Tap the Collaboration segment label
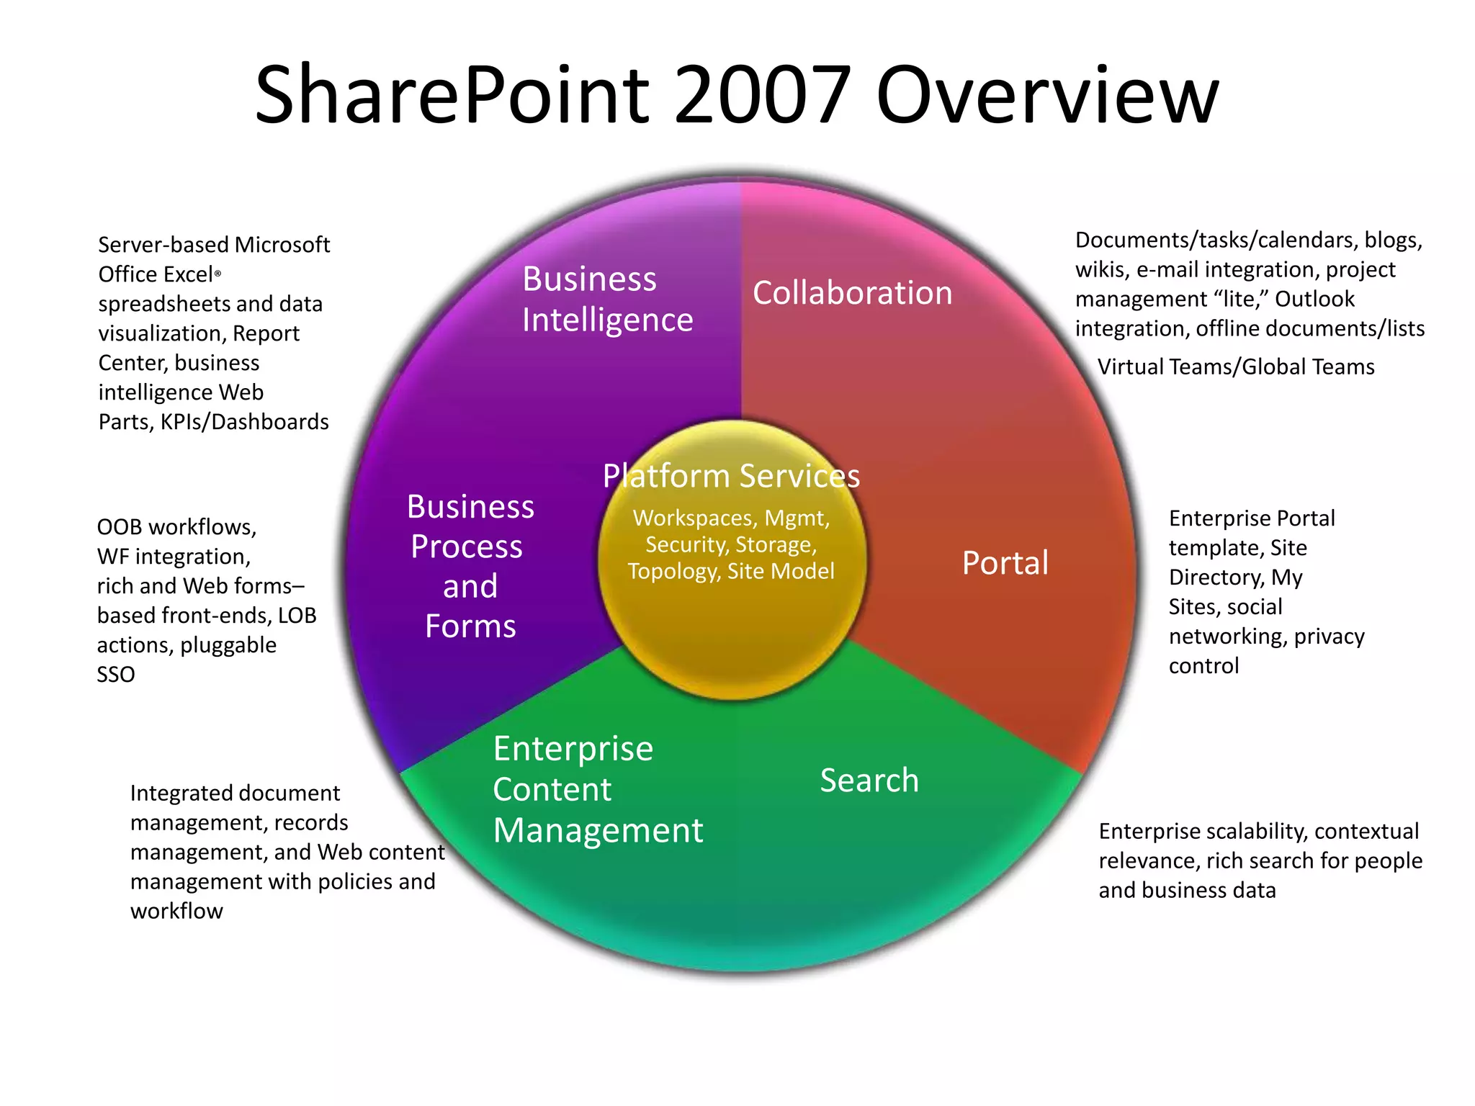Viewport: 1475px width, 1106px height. click(x=852, y=293)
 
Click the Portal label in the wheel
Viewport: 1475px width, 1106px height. click(x=1005, y=563)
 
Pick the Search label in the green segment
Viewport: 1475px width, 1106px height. click(x=869, y=781)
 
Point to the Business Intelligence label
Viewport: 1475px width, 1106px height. click(x=607, y=299)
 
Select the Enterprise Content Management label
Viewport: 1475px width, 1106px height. click(x=598, y=789)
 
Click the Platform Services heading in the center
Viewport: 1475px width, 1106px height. click(x=731, y=476)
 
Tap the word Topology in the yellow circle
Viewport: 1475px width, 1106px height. click(x=674, y=572)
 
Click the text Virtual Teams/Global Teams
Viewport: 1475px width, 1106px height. click(x=1236, y=367)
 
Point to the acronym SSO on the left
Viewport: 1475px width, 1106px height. click(x=116, y=675)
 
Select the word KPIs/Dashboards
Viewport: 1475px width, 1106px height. click(x=244, y=422)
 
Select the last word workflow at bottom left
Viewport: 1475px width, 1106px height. click(x=176, y=912)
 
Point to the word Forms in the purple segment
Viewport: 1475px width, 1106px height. click(x=470, y=626)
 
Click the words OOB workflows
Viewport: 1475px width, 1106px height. click(x=176, y=527)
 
